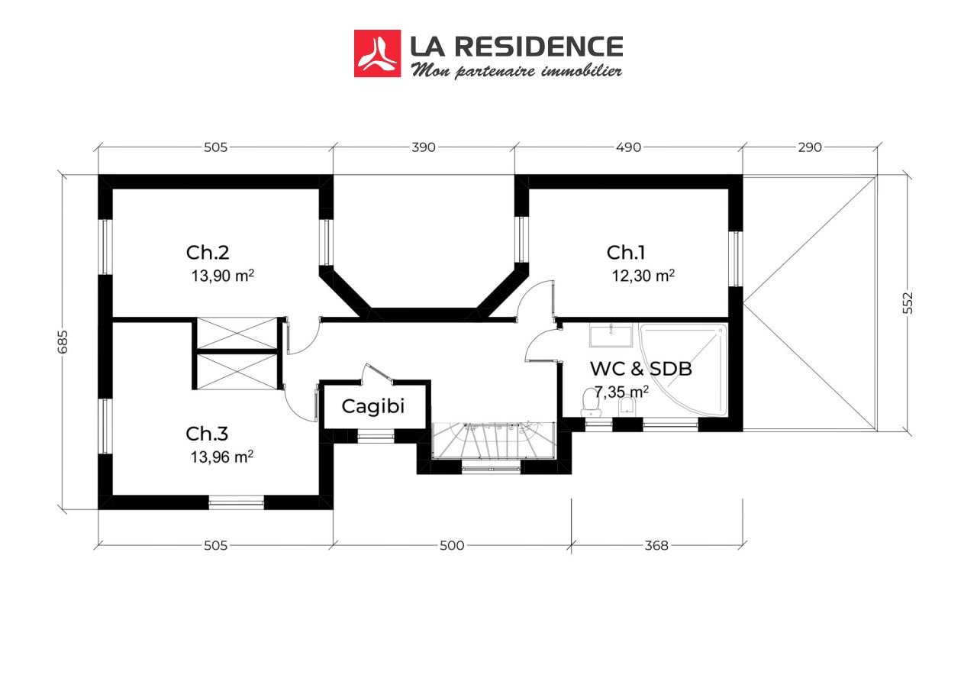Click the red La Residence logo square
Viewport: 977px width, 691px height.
coord(377,53)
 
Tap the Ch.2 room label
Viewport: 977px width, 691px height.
coord(207,253)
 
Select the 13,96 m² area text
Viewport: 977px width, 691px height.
coord(222,457)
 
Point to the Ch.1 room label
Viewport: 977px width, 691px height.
coord(625,253)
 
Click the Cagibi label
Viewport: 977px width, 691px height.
coord(373,406)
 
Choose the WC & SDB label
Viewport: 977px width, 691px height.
coord(640,369)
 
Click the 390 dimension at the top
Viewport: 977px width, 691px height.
coord(424,147)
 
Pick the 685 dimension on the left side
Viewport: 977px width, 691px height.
coord(63,342)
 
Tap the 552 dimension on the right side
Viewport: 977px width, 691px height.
coord(908,303)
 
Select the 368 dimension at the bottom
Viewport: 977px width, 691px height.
coord(656,545)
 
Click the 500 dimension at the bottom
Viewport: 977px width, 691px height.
coord(452,545)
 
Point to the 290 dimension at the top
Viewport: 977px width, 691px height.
coord(810,147)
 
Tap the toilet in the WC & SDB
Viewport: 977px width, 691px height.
coord(590,402)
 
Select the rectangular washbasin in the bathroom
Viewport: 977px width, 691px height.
coord(611,335)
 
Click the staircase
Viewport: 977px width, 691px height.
coord(494,441)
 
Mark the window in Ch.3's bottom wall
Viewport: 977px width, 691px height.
coord(237,502)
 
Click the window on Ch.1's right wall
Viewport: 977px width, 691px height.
coord(736,259)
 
